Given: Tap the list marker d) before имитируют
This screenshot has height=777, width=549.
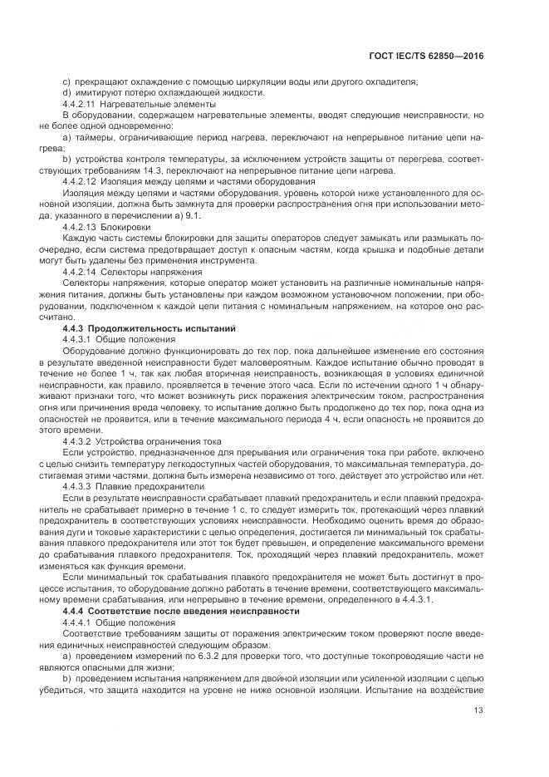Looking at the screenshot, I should [67, 92].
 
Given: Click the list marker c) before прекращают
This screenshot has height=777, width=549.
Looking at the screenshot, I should [67, 81].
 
